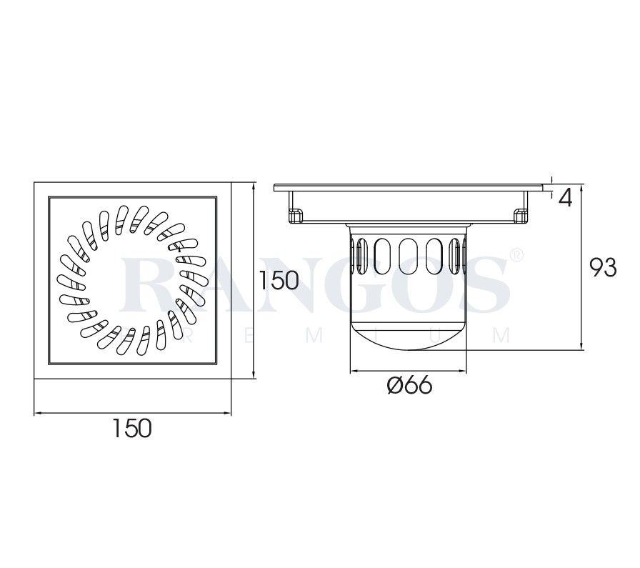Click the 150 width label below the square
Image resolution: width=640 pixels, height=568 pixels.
click(133, 429)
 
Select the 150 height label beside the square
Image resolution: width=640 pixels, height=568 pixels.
click(278, 280)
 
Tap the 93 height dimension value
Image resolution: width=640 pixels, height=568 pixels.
click(602, 267)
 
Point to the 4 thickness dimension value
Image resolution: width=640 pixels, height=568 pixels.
click(565, 198)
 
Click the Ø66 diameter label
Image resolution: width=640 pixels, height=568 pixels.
click(409, 386)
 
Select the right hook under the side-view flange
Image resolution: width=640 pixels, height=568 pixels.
click(521, 214)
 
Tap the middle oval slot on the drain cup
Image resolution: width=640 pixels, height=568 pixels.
click(409, 255)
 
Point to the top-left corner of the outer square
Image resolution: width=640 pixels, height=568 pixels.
click(35, 183)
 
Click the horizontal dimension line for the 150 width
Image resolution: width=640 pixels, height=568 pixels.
click(133, 413)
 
